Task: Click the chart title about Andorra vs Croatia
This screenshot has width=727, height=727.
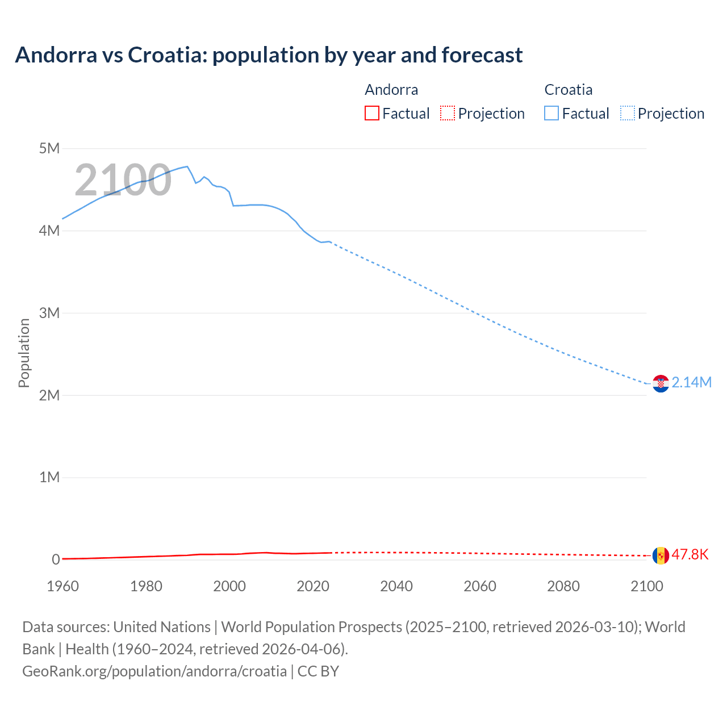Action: (269, 55)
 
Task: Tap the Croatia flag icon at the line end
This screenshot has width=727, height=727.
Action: (661, 383)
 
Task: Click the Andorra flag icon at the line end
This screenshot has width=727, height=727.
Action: (661, 555)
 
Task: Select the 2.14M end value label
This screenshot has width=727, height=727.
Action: (691, 383)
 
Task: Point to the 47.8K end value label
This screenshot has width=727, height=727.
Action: (690, 555)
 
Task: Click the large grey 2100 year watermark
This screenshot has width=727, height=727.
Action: (123, 180)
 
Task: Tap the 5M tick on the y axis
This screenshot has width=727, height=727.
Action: (49, 149)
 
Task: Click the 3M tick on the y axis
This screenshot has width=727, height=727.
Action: (49, 313)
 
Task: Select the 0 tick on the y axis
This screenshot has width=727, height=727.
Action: (56, 559)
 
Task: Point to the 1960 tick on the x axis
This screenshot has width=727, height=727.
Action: (62, 586)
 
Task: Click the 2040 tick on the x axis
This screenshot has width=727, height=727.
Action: (396, 586)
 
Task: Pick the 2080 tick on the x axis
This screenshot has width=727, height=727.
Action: (563, 586)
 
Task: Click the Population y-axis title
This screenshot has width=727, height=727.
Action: (24, 353)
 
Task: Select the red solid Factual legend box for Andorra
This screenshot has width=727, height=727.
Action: (372, 114)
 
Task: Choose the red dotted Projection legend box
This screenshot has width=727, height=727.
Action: (448, 114)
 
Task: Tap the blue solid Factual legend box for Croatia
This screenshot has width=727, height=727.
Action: (551, 114)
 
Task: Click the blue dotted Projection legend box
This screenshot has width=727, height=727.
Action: (627, 114)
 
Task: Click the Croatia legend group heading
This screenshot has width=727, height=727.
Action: (568, 90)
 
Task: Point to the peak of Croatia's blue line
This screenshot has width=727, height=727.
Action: (187, 166)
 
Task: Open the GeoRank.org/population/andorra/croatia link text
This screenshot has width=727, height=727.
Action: (154, 671)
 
